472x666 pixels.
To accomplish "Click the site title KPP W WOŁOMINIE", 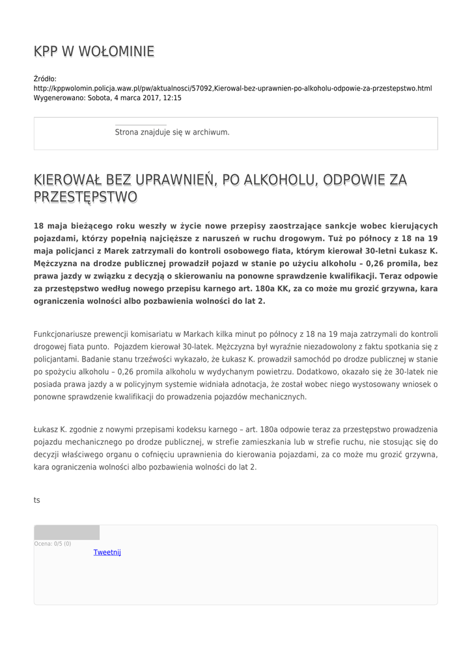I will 94,51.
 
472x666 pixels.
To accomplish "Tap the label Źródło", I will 45,79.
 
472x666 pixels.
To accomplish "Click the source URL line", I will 232,88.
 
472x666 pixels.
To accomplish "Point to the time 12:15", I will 172,98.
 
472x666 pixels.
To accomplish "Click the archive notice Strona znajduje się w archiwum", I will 172,132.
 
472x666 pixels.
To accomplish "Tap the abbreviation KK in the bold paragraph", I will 283,289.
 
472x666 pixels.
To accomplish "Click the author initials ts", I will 37,500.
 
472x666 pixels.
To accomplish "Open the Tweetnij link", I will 107,552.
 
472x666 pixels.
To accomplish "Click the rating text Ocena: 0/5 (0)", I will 53,544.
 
